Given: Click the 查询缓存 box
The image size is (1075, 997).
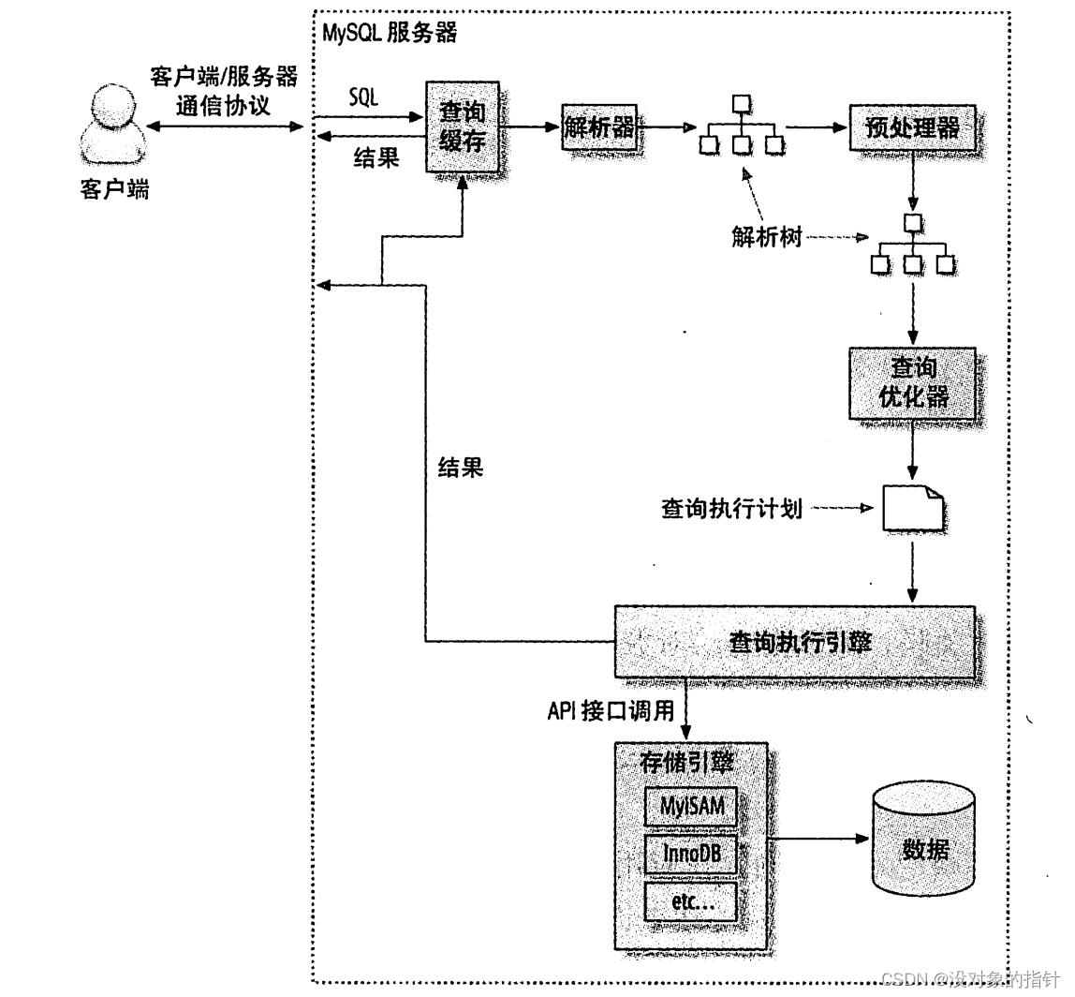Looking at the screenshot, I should [x=463, y=126].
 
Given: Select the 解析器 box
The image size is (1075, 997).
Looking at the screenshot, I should [x=599, y=126].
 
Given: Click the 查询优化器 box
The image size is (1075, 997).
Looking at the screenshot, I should [x=912, y=382].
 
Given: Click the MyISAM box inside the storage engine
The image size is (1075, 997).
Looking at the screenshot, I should [x=691, y=807].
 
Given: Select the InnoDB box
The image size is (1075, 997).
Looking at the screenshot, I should [x=691, y=855].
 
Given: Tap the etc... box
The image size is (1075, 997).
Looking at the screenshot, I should [x=691, y=902].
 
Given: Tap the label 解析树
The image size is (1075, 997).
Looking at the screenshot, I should [x=767, y=237].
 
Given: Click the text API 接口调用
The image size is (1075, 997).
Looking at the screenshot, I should [x=611, y=711].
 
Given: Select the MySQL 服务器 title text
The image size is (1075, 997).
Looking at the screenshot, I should [x=389, y=34].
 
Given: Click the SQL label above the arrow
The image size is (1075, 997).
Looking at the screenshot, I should [x=363, y=97].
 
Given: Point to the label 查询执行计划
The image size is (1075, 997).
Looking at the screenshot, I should [x=731, y=511].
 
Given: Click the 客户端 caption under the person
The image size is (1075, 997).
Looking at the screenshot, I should [x=113, y=189].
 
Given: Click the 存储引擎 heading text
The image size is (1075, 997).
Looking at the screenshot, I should [x=686, y=763].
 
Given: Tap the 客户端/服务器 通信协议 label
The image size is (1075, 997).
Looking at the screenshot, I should [x=223, y=90].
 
